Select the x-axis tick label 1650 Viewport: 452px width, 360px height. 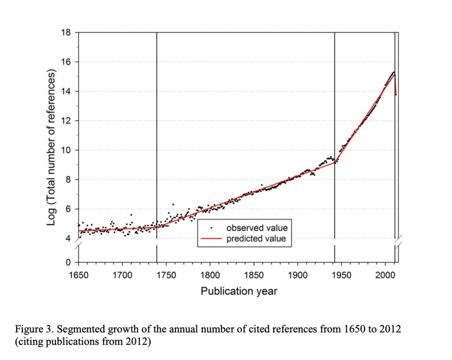(79, 276)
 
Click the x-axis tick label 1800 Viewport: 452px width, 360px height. (210, 276)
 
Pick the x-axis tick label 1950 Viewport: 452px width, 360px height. (341, 276)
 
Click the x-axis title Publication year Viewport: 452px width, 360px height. (239, 291)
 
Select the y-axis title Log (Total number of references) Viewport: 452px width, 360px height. (51, 147)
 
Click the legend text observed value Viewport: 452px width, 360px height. (257, 228)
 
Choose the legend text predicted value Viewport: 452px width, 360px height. (256, 239)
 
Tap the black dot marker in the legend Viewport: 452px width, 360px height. (211, 228)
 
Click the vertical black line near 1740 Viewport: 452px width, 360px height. (157, 132)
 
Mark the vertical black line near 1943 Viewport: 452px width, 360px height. (335, 110)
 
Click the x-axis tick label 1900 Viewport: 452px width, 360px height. (297, 276)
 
